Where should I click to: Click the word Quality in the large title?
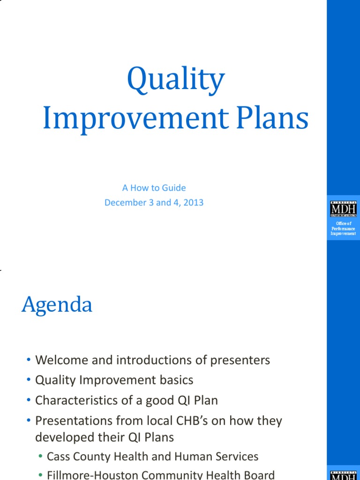[x=175, y=80]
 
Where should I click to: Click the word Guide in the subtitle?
[x=173, y=188]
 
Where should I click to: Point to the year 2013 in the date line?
[x=194, y=203]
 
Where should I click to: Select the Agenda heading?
[x=57, y=306]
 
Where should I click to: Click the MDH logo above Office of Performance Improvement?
[x=343, y=209]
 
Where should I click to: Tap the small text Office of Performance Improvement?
[x=343, y=228]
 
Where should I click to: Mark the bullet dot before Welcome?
[x=29, y=360]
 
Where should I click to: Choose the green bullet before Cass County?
[x=41, y=457]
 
